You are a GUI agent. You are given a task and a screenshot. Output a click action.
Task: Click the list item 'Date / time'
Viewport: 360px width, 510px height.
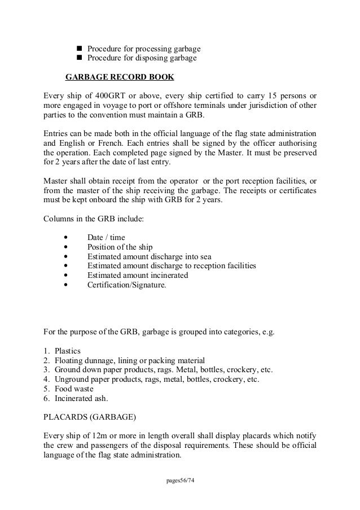106,237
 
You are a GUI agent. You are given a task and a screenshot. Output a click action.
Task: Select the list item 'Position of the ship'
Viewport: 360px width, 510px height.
121,247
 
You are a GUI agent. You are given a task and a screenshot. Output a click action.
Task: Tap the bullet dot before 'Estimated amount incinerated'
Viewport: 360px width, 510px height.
68,276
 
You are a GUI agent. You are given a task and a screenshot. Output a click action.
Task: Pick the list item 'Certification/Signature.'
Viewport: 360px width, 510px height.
127,285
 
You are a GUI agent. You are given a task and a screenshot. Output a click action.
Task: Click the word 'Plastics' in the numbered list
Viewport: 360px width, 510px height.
69,351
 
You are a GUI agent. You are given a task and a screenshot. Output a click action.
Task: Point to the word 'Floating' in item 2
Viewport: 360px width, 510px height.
70,360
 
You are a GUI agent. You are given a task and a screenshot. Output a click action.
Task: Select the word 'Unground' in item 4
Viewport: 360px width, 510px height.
72,380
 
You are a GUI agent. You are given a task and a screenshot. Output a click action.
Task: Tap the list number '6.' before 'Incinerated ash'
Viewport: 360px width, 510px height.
47,399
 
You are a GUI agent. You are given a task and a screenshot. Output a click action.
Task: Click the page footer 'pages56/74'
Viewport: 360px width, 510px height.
179,481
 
